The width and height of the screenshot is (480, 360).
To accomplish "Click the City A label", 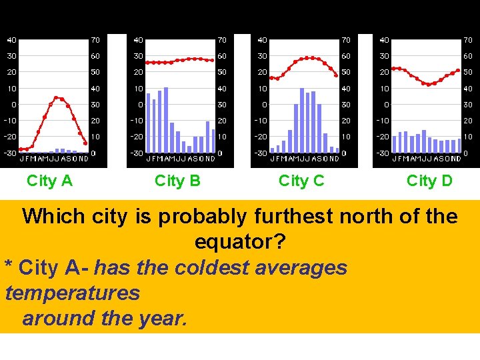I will tap(49, 181).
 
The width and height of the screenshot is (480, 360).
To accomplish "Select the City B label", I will tap(177, 181).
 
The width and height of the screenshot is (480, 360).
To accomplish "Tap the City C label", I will tap(301, 181).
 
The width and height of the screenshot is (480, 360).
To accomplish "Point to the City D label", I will tap(429, 181).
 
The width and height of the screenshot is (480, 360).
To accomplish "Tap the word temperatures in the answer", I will tap(72, 293).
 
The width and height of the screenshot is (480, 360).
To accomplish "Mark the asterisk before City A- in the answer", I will tap(9, 269).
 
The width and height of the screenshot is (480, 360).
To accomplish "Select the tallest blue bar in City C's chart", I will tap(302, 121).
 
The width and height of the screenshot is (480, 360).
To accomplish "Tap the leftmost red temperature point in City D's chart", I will tap(394, 68).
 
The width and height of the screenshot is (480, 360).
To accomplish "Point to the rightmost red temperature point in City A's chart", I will tap(86, 143).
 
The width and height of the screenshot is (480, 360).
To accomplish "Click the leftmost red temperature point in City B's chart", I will tap(147, 62).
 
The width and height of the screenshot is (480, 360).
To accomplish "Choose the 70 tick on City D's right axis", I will tap(468, 40).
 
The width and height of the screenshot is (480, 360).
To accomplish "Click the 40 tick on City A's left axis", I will tap(12, 40).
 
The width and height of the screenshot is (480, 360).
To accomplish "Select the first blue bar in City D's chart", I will tap(394, 144).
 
